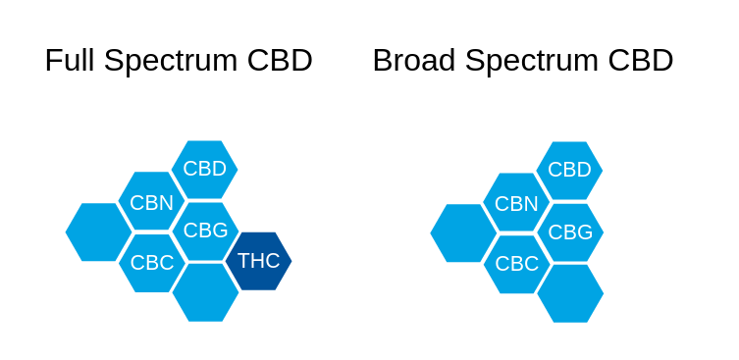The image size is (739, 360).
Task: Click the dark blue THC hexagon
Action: pyautogui.click(x=258, y=261)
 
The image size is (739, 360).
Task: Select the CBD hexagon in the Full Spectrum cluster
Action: pyautogui.click(x=204, y=169)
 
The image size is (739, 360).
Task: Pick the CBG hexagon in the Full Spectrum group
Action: pyautogui.click(x=205, y=231)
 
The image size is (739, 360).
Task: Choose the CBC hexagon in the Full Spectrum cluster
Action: pyautogui.click(x=151, y=262)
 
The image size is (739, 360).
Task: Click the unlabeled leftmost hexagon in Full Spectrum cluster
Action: pyautogui.click(x=98, y=231)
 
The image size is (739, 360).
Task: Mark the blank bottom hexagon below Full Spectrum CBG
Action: pyautogui.click(x=205, y=292)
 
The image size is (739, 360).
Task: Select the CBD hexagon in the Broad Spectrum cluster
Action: pyautogui.click(x=569, y=170)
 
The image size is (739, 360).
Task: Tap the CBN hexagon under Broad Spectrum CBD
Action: pyautogui.click(x=516, y=203)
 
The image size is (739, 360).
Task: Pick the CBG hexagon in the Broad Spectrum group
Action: pyautogui.click(x=570, y=232)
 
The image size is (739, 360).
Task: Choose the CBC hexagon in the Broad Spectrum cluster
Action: pyautogui.click(x=516, y=264)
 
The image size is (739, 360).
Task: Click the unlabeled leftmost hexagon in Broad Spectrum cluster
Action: pyautogui.click(x=463, y=233)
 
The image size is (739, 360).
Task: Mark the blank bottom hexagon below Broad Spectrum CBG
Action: pyautogui.click(x=570, y=293)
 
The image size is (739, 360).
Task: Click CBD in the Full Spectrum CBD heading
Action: pyautogui.click(x=280, y=61)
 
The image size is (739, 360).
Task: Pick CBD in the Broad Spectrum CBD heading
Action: pyautogui.click(x=641, y=61)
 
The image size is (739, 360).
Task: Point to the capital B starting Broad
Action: pyautogui.click(x=382, y=61)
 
